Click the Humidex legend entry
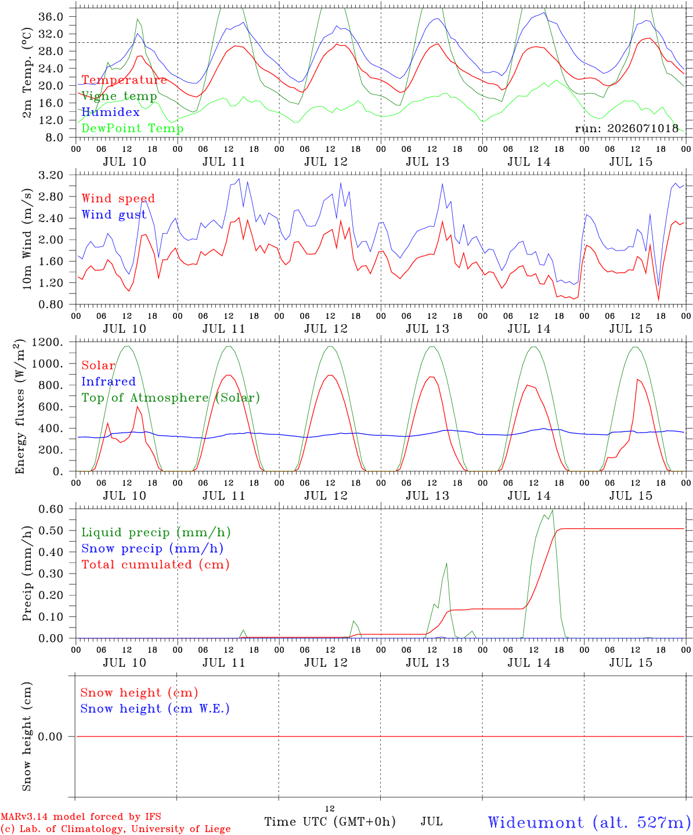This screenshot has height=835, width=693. click(110, 112)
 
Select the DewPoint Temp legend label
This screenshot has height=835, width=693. click(132, 128)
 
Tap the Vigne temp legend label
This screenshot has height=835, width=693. click(119, 96)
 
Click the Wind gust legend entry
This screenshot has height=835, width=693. click(114, 215)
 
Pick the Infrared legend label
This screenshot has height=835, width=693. click(109, 382)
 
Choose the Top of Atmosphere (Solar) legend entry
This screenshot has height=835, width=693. click(171, 398)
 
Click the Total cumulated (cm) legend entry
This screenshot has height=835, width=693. click(156, 564)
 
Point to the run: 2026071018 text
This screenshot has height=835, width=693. click(626, 128)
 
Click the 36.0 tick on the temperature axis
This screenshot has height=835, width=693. click(51, 17)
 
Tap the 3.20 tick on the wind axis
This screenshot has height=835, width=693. click(51, 175)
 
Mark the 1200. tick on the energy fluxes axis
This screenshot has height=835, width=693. click(48, 342)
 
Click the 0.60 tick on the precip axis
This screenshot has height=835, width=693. click(51, 509)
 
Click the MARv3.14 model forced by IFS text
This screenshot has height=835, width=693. click(81, 816)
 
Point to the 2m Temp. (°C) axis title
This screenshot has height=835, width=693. click(27, 73)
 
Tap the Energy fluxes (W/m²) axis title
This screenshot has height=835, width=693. click(19, 406)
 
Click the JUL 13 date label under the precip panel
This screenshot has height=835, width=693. click(428, 663)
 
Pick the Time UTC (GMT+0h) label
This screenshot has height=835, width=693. click(330, 822)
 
